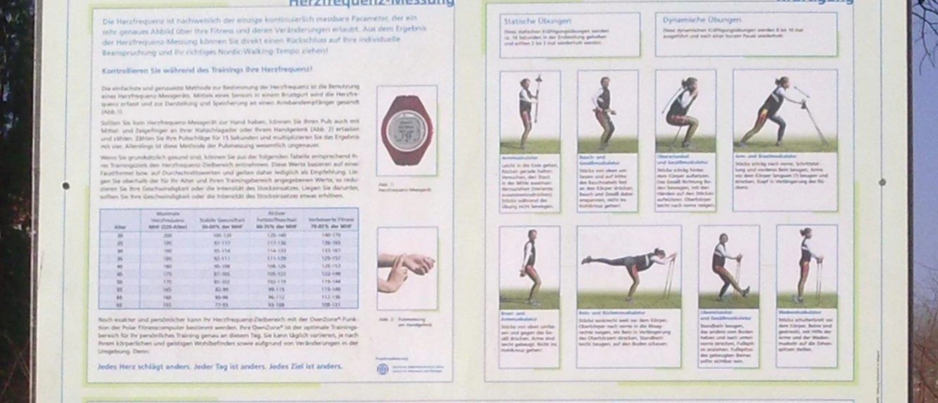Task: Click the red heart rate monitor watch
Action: [x=406, y=130]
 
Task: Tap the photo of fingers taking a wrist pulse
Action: [x=406, y=268]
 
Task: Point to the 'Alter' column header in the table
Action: [x=120, y=227]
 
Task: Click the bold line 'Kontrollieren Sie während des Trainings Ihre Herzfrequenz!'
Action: [x=207, y=70]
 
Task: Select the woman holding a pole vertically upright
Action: [x=529, y=109]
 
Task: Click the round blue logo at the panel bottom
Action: [x=382, y=369]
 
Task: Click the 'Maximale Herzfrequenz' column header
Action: [x=169, y=221]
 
